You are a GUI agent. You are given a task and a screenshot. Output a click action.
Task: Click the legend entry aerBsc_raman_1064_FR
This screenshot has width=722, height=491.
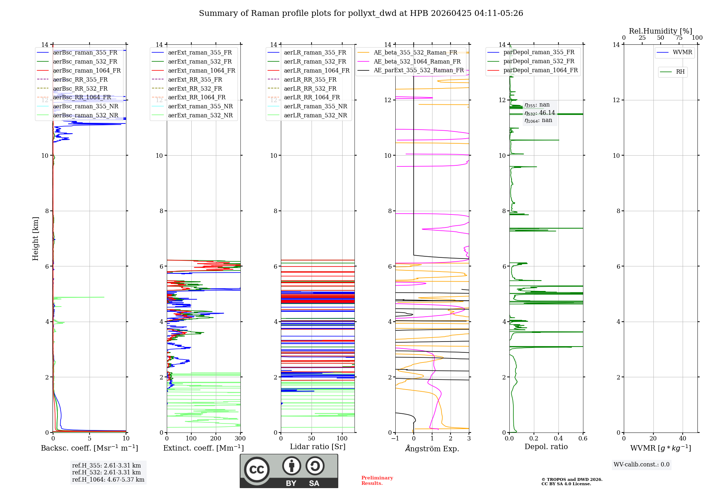[87, 71]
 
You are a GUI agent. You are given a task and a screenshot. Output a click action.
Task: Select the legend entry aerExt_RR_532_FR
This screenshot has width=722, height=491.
[195, 89]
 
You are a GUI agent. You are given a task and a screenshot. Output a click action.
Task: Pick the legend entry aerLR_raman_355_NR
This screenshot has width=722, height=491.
[315, 107]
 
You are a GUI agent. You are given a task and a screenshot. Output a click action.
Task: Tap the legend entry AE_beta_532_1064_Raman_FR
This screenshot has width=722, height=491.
[417, 62]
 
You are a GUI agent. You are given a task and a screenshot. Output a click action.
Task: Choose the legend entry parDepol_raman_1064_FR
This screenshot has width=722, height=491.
[540, 70]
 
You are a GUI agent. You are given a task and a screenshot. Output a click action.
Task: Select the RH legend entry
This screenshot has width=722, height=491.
[680, 72]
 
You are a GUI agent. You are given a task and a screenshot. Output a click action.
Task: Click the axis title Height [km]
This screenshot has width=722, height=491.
[35, 239]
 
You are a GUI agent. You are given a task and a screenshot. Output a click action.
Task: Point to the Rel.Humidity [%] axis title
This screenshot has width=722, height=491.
[660, 31]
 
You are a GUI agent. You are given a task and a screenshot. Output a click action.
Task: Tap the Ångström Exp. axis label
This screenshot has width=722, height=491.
[432, 449]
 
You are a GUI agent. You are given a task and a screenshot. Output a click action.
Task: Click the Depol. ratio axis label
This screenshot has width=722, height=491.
[546, 447]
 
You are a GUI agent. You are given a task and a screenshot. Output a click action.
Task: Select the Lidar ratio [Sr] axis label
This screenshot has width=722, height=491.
[318, 447]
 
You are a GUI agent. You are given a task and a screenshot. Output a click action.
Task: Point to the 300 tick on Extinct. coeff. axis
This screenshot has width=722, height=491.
[240, 439]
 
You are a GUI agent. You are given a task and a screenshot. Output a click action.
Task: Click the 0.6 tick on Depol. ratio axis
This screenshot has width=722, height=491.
[583, 439]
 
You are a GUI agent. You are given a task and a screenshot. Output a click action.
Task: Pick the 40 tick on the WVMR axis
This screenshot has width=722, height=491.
[682, 439]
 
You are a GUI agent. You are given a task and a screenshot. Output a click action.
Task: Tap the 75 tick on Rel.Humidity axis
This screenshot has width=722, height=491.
[679, 38]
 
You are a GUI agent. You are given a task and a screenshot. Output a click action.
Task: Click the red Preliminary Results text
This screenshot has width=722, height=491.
[377, 481]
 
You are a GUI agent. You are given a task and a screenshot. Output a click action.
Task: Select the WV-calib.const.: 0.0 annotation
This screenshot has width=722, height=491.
[641, 465]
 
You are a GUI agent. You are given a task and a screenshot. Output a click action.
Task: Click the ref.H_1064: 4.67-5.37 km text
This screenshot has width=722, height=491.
[108, 480]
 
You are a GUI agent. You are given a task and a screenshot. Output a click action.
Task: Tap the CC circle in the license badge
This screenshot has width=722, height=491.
[257, 470]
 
